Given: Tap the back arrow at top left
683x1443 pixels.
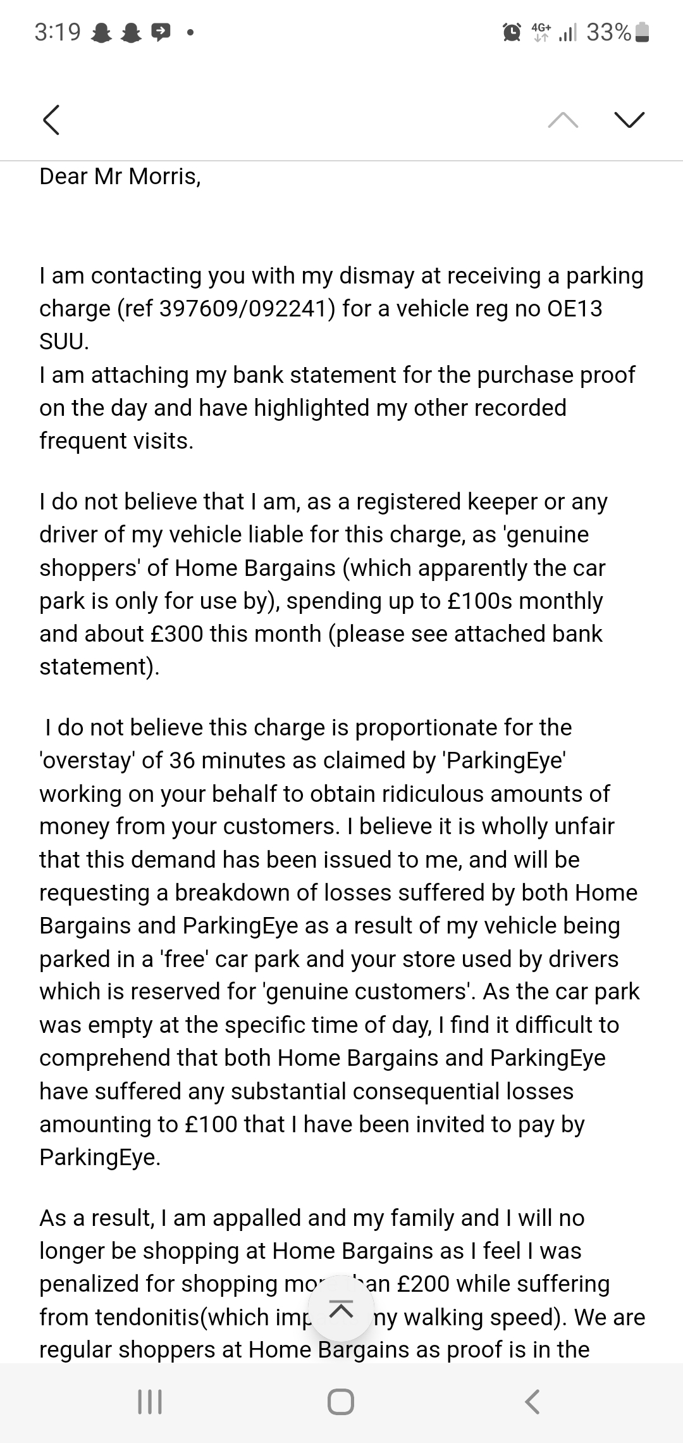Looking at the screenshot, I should pyautogui.click(x=51, y=120).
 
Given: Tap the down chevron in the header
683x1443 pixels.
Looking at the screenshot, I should pyautogui.click(x=629, y=120).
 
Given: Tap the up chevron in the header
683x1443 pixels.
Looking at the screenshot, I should pyautogui.click(x=563, y=120).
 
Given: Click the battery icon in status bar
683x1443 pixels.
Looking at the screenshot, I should pyautogui.click(x=642, y=32).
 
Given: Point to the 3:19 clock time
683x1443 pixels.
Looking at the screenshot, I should pyautogui.click(x=58, y=32).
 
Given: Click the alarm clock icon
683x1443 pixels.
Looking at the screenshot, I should pyautogui.click(x=512, y=32).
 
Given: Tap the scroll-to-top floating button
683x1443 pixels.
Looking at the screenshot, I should pyautogui.click(x=341, y=1308).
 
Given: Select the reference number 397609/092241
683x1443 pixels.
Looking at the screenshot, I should pyautogui.click(x=247, y=309).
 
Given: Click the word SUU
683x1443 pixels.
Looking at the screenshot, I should pyautogui.click(x=63, y=342).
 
